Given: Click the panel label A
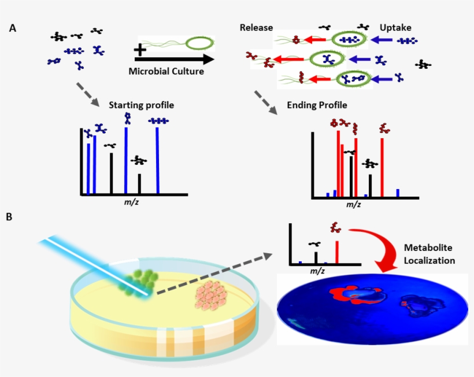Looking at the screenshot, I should point(13,28).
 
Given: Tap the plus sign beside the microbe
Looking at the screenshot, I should point(139,50).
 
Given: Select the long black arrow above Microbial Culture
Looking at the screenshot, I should point(173,59).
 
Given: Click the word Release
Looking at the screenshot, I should point(256,28).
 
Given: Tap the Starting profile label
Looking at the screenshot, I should point(141,105).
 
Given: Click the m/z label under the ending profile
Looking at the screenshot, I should point(353,204).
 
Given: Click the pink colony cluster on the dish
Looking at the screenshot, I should point(212,295).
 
